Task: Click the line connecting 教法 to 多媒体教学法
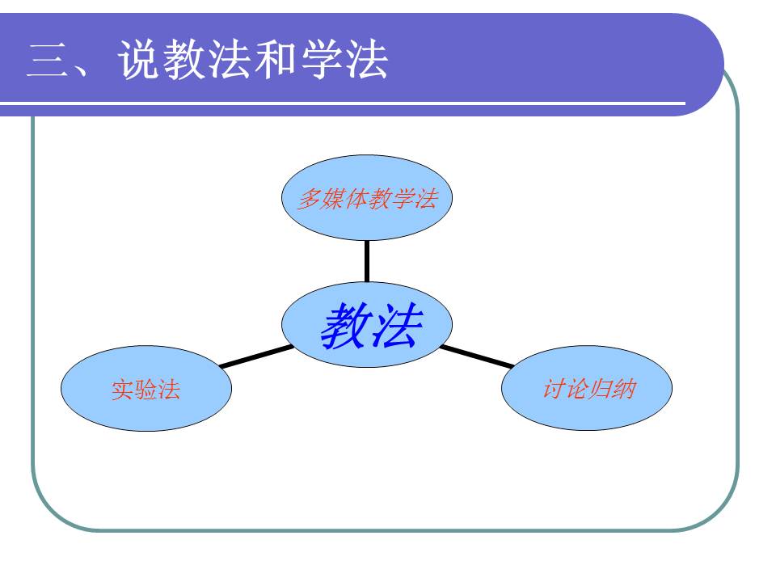pyautogui.click(x=366, y=260)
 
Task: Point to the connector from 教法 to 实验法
pyautogui.click(x=257, y=356)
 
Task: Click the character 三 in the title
pyautogui.click(x=45, y=61)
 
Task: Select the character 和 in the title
pyautogui.click(x=276, y=61)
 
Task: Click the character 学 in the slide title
pyautogui.click(x=322, y=61)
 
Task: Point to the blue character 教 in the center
pyautogui.click(x=344, y=327)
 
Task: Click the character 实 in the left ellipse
pyautogui.click(x=122, y=390)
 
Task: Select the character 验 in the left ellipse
pyautogui.click(x=145, y=390)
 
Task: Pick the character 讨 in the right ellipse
pyautogui.click(x=553, y=389)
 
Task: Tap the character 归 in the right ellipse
pyautogui.click(x=599, y=389)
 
